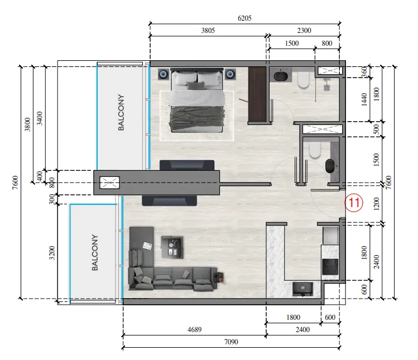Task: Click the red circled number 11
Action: [354, 203]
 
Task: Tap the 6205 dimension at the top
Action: [244, 18]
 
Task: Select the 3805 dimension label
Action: [208, 30]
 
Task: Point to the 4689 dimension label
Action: [194, 330]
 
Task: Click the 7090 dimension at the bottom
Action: [231, 342]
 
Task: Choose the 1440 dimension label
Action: [364, 99]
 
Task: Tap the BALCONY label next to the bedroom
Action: [121, 112]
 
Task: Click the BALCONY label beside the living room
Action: [95, 252]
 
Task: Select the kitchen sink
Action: [302, 289]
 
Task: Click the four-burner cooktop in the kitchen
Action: [330, 267]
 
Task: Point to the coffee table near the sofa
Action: [172, 247]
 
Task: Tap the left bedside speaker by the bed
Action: [163, 74]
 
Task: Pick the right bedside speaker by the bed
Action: [230, 74]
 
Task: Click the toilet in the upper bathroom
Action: [303, 79]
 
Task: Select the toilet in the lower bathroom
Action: [314, 150]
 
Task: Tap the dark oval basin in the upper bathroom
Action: [281, 75]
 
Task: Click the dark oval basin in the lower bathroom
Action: [331, 166]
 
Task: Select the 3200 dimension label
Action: [52, 253]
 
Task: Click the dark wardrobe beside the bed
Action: [257, 95]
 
